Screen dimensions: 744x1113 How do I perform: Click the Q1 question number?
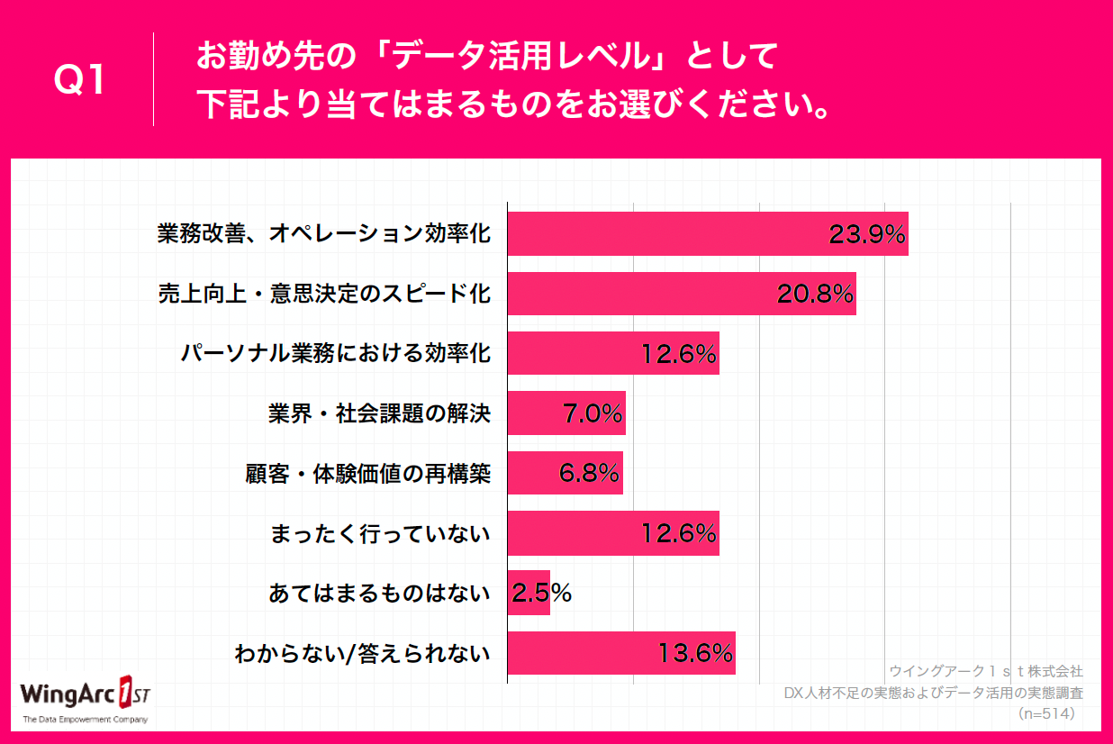[x=80, y=80]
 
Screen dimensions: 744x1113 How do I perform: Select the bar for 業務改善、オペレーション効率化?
[x=666, y=234]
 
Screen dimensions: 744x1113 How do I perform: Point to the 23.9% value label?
[x=866, y=234]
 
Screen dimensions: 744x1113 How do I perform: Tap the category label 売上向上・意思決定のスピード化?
[x=324, y=294]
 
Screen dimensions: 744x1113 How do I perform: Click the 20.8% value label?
[x=814, y=294]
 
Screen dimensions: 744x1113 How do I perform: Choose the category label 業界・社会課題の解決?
[x=379, y=413]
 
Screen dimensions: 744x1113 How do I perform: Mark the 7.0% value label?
[x=592, y=413]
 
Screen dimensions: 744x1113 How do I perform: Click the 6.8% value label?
[x=589, y=473]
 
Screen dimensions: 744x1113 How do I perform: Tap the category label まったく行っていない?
[x=380, y=533]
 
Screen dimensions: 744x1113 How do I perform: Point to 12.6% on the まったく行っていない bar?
[x=678, y=533]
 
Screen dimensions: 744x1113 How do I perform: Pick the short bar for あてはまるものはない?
[x=528, y=593]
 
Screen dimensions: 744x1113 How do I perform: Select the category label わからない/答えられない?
[x=362, y=653]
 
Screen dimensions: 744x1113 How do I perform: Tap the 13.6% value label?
[x=694, y=653]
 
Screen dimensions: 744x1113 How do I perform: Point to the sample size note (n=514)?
[x=1049, y=713]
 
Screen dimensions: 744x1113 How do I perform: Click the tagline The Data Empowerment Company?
[x=86, y=720]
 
